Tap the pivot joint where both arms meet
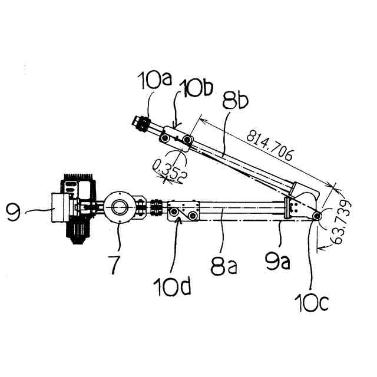(x=318, y=217)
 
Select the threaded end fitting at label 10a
(x=140, y=124)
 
